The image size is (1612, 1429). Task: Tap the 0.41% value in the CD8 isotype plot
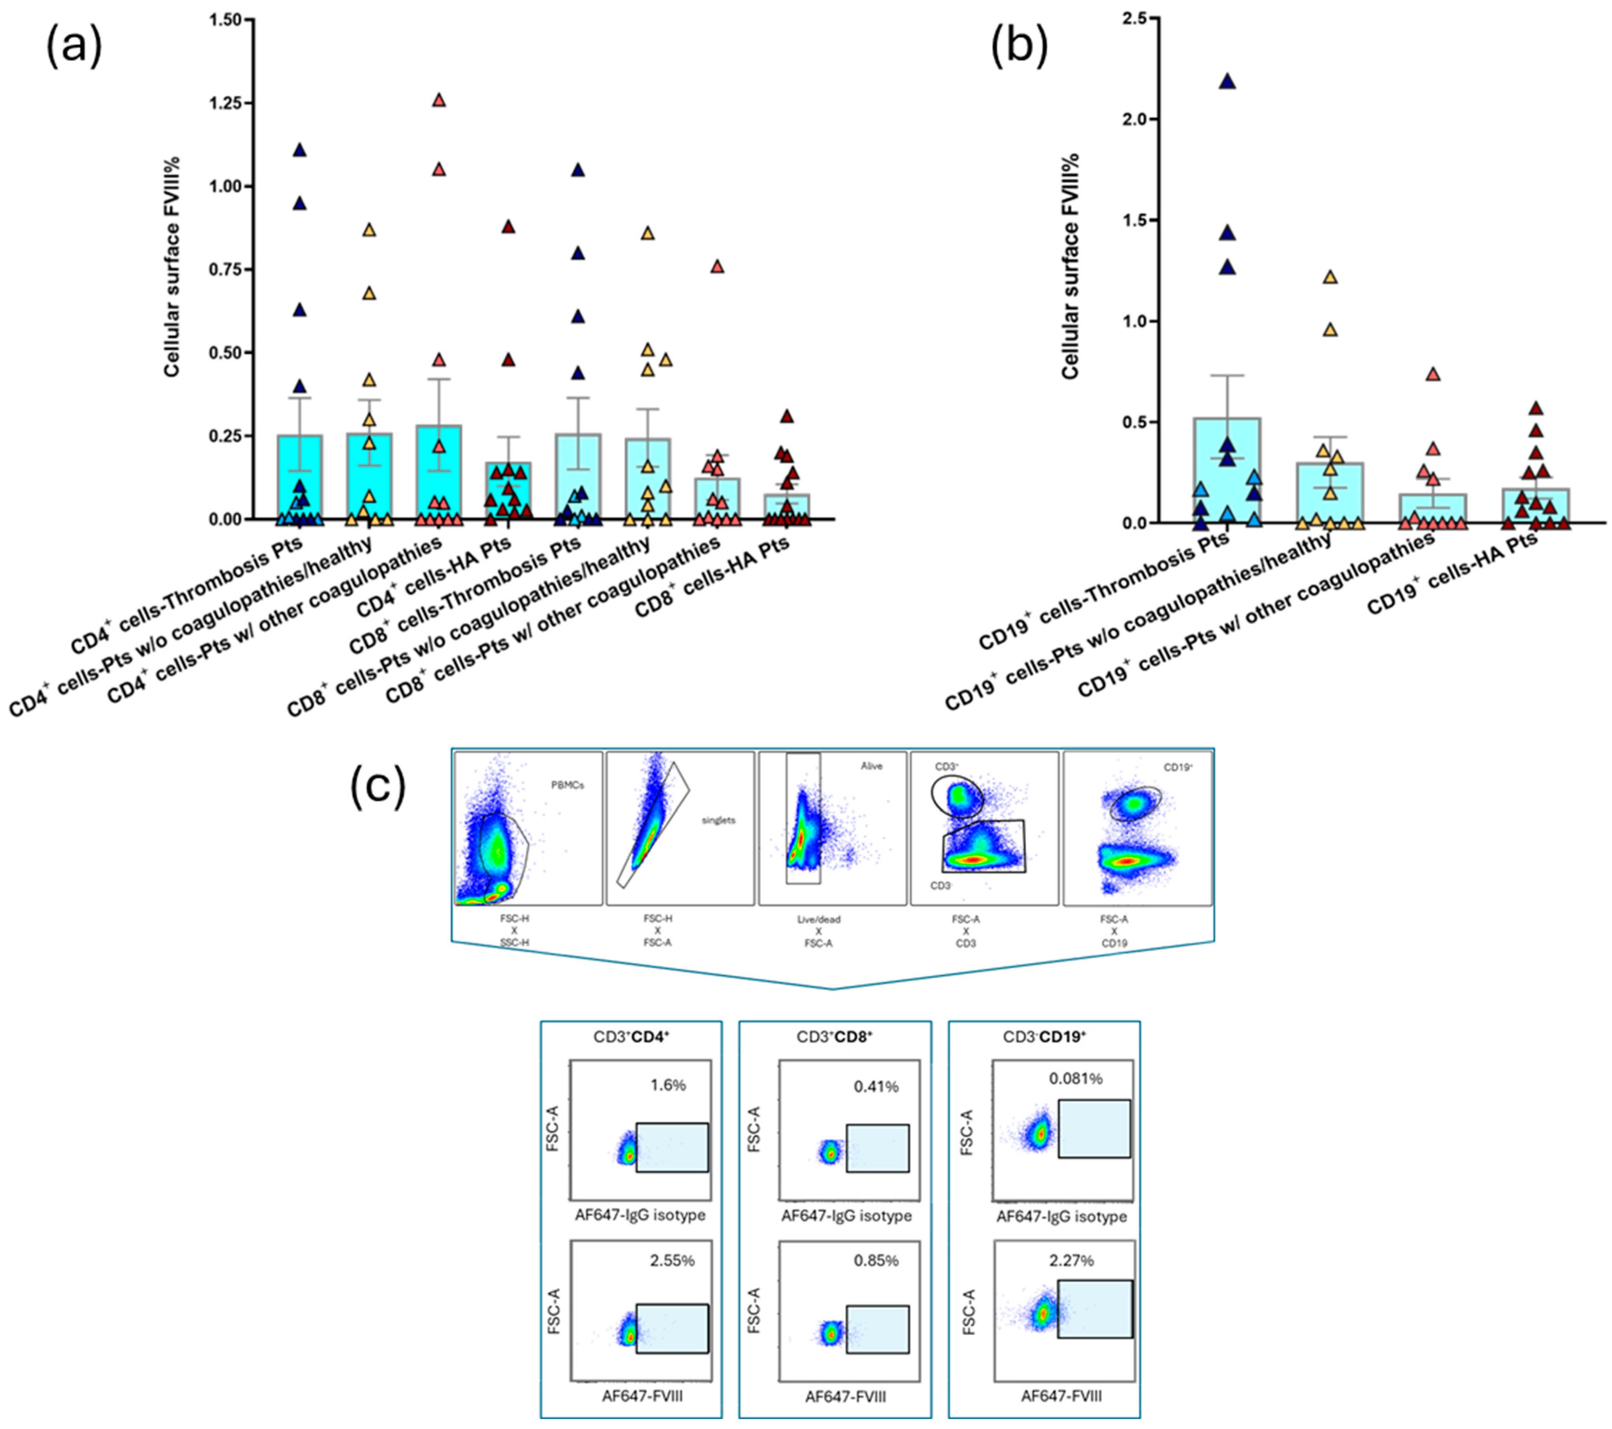(x=875, y=1087)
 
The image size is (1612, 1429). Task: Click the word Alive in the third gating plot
(x=871, y=766)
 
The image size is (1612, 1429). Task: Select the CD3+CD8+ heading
(x=834, y=1037)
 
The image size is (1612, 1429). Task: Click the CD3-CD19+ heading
(x=1044, y=1037)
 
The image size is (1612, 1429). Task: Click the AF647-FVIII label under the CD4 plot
(x=642, y=1397)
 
